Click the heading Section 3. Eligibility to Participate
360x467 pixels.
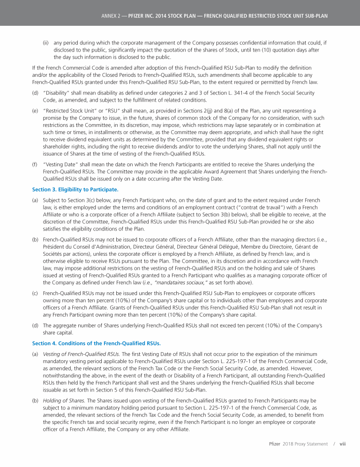click(75, 189)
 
